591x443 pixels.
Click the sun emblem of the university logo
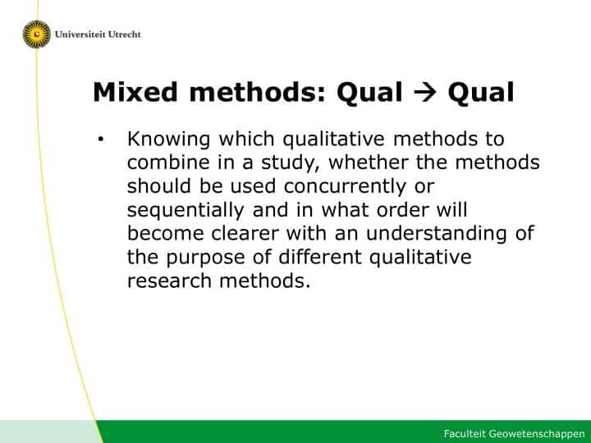(x=37, y=34)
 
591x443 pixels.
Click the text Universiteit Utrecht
(x=98, y=34)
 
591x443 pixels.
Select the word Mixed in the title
(x=135, y=92)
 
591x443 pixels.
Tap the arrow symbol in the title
(x=425, y=93)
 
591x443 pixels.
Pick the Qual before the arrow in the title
(x=369, y=93)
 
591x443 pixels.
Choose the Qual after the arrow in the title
(x=481, y=93)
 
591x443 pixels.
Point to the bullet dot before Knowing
(x=101, y=139)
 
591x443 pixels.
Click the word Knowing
(x=168, y=139)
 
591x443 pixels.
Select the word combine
(x=167, y=162)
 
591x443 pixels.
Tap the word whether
(x=369, y=162)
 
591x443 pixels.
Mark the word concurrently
(x=345, y=187)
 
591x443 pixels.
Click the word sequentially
(x=186, y=210)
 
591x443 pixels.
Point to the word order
(x=402, y=210)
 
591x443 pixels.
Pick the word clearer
(x=245, y=234)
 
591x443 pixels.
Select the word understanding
(x=437, y=234)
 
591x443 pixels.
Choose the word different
(x=320, y=258)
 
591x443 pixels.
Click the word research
(x=169, y=281)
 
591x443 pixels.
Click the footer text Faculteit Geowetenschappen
(x=514, y=434)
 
